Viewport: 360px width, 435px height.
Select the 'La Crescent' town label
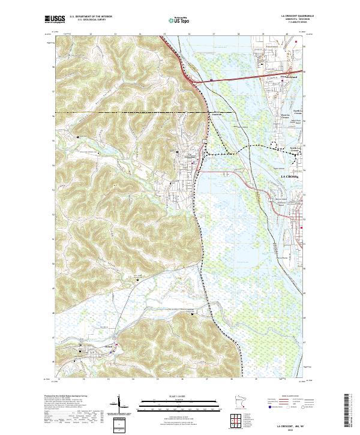(192, 157)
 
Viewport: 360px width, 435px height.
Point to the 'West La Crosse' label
(285, 118)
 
